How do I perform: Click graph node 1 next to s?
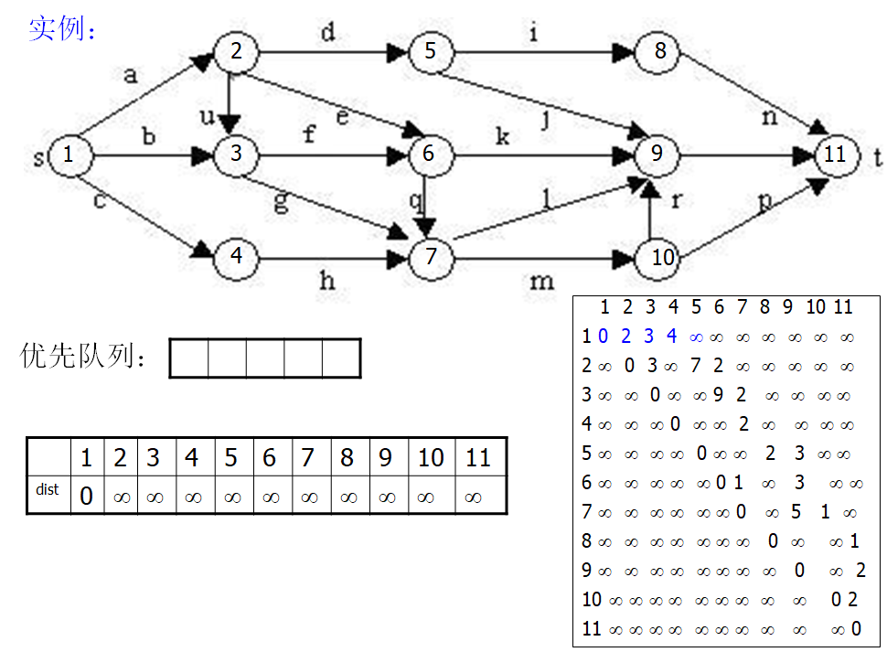tap(69, 155)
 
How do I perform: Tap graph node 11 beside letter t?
tap(835, 155)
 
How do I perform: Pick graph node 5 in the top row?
tap(430, 51)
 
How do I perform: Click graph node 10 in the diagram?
tap(662, 258)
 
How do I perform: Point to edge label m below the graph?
tap(541, 281)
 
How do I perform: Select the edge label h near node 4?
tap(326, 281)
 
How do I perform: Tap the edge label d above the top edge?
tap(326, 34)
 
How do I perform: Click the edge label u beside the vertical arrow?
tap(207, 117)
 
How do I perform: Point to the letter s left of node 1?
tap(38, 158)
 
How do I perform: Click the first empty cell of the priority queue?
tap(189, 358)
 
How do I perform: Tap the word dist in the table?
tap(48, 490)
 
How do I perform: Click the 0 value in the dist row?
tap(87, 497)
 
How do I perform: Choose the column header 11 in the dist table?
tap(478, 457)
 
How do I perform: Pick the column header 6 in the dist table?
tap(269, 457)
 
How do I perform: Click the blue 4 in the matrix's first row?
tap(672, 337)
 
